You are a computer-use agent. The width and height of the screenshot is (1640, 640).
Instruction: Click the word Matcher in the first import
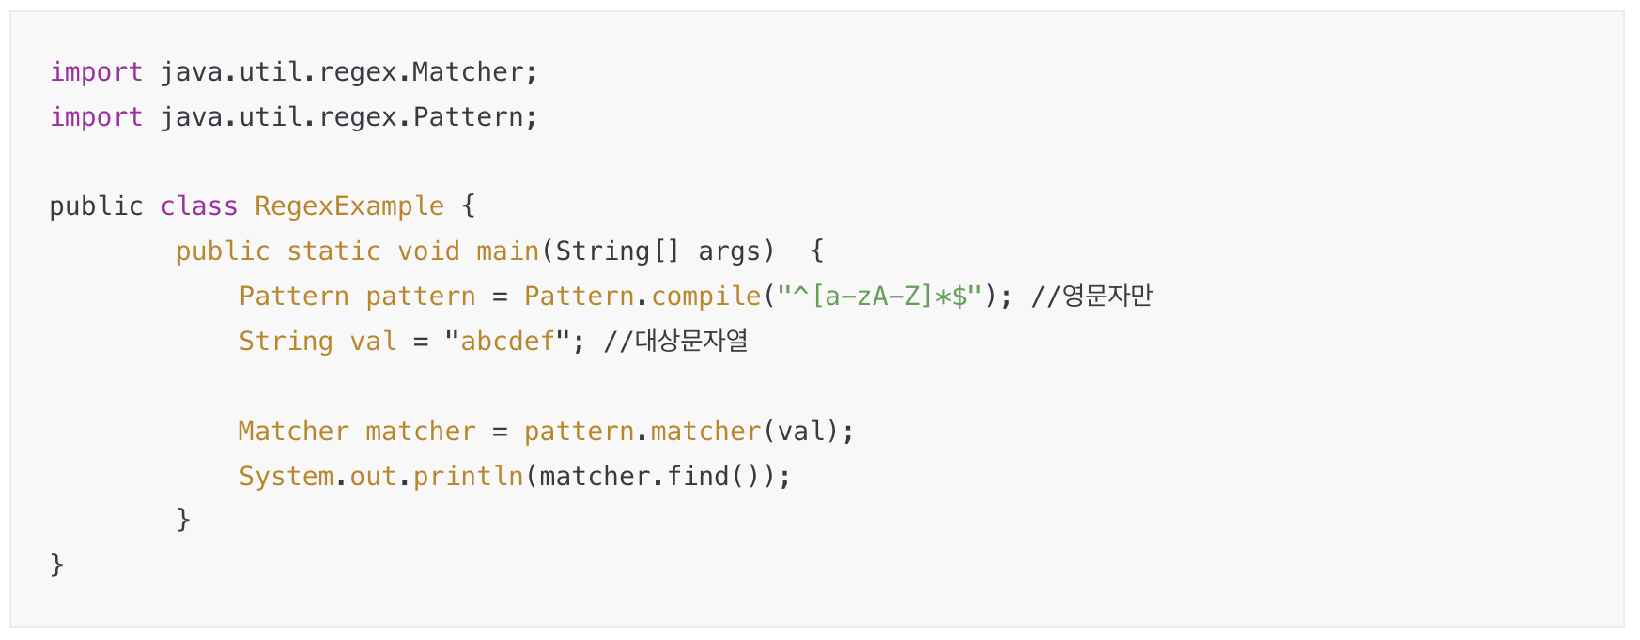467,72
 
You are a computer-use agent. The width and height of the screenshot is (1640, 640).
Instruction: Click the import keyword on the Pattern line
96,117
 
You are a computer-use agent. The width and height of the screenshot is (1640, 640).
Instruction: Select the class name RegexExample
348,206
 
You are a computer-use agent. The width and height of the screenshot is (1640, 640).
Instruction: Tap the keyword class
198,206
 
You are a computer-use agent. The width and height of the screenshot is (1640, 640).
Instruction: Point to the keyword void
428,251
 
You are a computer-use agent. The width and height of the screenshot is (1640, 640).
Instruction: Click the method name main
507,251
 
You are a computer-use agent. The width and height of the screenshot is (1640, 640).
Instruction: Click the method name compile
705,297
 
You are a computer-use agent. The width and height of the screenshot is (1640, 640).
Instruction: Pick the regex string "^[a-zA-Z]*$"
879,297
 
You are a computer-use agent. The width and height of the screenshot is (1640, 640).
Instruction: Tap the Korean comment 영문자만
1106,297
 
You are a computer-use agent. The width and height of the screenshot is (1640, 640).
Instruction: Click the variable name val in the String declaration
373,342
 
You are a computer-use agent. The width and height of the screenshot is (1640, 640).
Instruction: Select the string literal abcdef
507,342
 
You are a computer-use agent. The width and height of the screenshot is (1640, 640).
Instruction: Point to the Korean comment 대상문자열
691,342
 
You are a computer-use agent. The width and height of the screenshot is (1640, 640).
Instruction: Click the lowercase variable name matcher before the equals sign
420,432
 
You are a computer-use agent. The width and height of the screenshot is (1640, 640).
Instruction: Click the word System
286,477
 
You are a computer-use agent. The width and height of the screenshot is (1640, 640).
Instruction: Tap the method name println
468,477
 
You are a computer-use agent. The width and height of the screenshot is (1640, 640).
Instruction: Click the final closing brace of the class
56,565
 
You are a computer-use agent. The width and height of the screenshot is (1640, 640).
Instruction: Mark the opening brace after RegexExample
468,206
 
